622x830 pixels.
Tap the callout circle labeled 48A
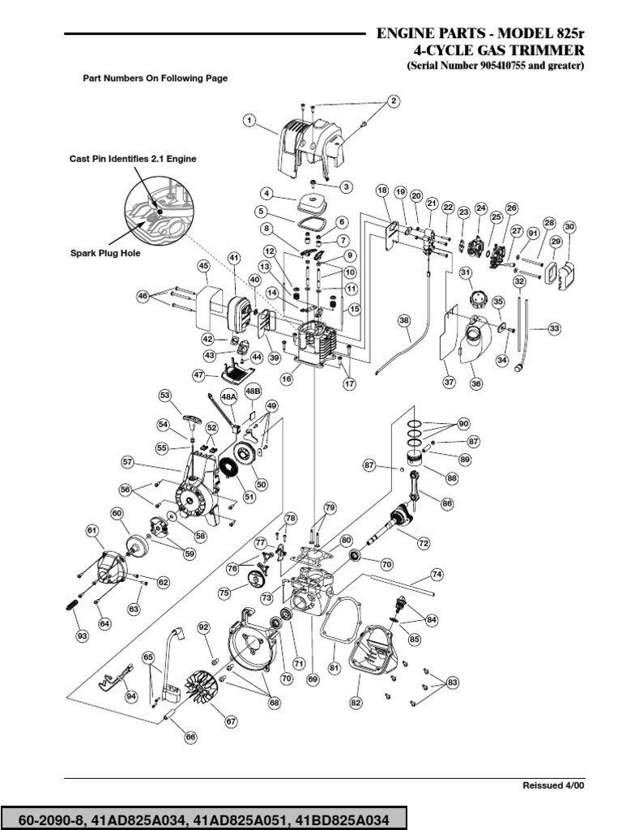coord(229,396)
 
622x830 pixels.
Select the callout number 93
coord(82,637)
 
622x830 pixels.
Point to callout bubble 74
coord(437,574)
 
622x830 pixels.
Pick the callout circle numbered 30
coord(569,228)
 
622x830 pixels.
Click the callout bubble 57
coord(127,461)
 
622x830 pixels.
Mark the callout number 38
coord(404,321)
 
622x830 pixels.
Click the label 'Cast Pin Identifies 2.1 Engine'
coord(132,160)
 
